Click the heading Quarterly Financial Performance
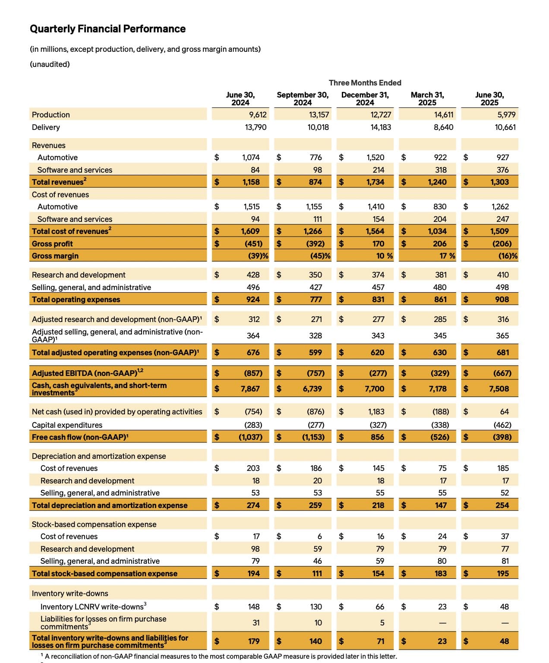(x=107, y=29)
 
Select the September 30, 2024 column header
(x=303, y=98)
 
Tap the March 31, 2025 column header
(x=427, y=98)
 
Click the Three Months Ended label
(x=365, y=83)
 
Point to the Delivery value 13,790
(x=256, y=127)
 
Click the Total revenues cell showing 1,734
(x=375, y=182)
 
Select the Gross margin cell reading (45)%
(x=320, y=256)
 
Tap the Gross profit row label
(x=52, y=244)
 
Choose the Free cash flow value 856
(x=377, y=437)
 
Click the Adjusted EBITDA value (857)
(x=253, y=373)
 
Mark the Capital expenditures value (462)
(x=502, y=425)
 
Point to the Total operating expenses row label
(x=76, y=300)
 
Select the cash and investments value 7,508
(x=499, y=389)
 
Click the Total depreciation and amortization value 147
(x=441, y=505)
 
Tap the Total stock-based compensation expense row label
(x=104, y=574)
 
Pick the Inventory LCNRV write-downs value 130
(x=316, y=607)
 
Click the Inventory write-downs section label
(x=69, y=594)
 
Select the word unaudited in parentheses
(x=50, y=64)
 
